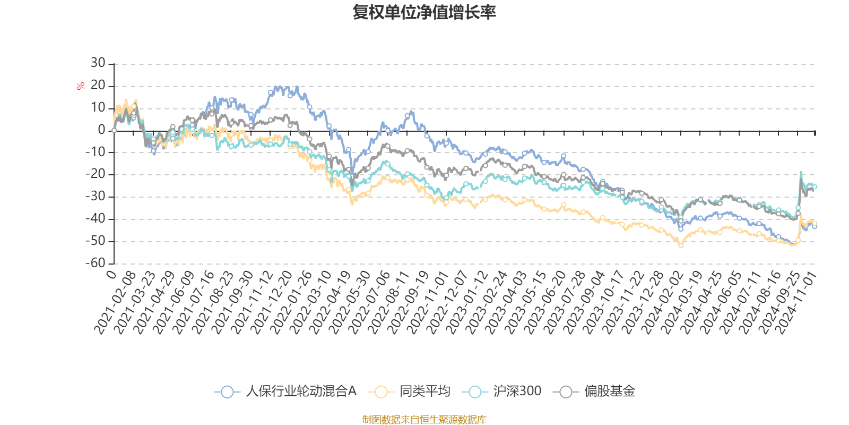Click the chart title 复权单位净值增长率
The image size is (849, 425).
424,12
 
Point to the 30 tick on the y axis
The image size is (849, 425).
98,63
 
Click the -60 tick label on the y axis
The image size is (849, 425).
96,263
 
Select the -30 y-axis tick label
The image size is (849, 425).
96,197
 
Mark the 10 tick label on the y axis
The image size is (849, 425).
98,108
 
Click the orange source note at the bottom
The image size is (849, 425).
424,420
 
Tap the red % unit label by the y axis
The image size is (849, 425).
80,86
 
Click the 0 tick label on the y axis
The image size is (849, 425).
102,130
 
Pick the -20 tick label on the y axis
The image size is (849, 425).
96,174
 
